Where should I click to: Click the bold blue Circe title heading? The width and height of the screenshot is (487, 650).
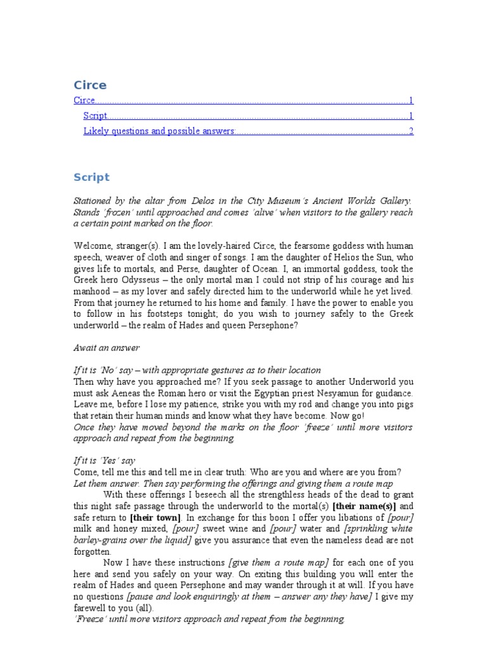tap(90, 85)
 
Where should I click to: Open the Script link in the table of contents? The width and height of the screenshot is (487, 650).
tap(95, 116)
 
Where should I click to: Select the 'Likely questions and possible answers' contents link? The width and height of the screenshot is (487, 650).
tap(159, 131)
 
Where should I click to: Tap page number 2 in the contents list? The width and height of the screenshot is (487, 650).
tap(411, 131)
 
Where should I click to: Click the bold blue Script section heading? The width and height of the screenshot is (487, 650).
tap(91, 177)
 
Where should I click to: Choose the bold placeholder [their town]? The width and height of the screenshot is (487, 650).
tap(155, 517)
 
